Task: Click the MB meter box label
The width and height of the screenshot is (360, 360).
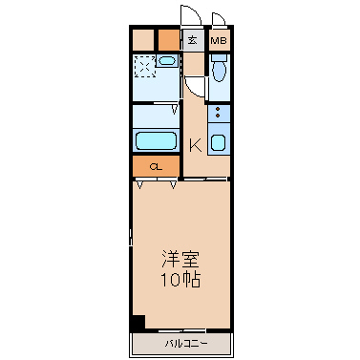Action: pos(219,41)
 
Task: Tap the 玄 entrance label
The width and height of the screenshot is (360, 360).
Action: pos(192,40)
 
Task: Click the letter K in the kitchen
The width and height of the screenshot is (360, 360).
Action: pos(196,146)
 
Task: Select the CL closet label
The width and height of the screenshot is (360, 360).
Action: pos(156,167)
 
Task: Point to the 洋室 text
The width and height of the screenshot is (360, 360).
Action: pos(180,260)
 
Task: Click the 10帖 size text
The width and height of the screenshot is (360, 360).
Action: pos(180,280)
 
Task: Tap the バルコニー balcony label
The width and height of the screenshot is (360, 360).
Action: pos(186,344)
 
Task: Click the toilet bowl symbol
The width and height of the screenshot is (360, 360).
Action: pos(219,69)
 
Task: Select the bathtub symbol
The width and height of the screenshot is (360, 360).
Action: pos(156,141)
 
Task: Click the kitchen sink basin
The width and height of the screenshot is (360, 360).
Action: pos(219,142)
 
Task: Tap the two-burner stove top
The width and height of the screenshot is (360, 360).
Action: pos(219,113)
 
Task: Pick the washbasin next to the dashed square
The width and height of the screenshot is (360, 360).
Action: pos(166,60)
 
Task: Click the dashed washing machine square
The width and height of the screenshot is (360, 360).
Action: pos(144,67)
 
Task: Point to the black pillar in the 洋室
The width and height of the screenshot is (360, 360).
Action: pos(138,322)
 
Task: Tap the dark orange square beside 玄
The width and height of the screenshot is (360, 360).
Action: pos(169,40)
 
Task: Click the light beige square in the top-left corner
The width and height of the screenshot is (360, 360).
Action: pos(143,40)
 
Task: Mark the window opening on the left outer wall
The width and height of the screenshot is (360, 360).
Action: pos(131,237)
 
